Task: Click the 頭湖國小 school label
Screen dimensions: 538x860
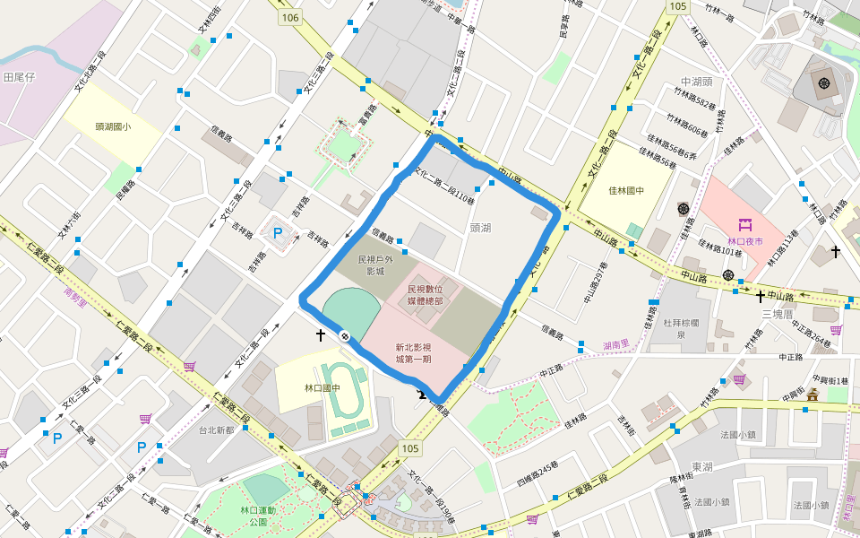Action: point(113,126)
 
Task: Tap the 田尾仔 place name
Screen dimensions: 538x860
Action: point(19,78)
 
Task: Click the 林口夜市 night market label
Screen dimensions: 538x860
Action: point(744,241)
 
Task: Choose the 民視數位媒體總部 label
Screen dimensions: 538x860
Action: point(425,295)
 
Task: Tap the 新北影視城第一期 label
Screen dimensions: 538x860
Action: point(413,352)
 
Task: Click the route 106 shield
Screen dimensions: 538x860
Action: point(289,18)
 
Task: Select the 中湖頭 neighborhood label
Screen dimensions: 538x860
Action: point(696,81)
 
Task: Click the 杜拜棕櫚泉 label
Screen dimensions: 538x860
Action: point(686,328)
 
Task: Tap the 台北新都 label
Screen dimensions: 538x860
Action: point(216,430)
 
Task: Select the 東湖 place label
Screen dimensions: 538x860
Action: point(702,467)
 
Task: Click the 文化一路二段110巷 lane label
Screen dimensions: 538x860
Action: point(448,183)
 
